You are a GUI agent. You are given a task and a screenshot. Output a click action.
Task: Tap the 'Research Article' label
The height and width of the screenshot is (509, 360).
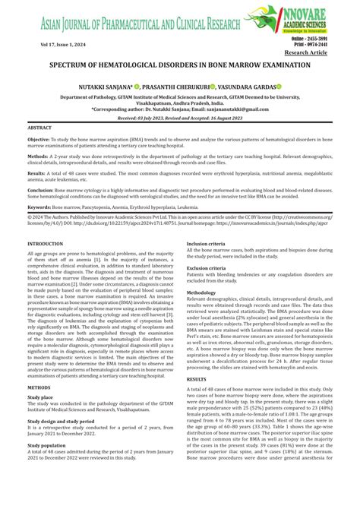tap(327, 53)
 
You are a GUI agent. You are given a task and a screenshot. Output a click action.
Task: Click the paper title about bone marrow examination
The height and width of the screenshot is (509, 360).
tap(180, 66)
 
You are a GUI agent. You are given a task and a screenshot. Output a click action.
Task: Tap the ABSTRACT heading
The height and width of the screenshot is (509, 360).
tap(40, 128)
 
